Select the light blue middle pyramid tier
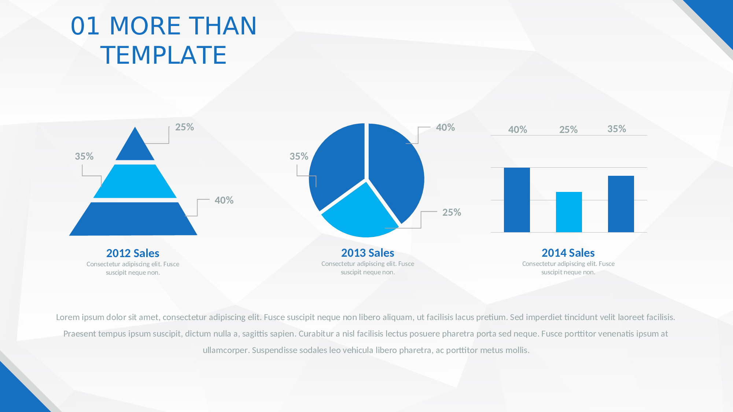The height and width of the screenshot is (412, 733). pyautogui.click(x=135, y=181)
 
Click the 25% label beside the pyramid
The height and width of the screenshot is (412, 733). pyautogui.click(x=184, y=127)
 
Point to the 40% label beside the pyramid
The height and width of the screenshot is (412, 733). pyautogui.click(x=224, y=200)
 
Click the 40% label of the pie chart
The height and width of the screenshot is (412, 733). pyautogui.click(x=445, y=127)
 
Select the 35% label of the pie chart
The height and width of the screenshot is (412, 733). pyautogui.click(x=299, y=156)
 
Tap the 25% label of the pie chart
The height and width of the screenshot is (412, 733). pyautogui.click(x=452, y=212)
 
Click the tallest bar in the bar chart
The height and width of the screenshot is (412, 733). pyautogui.click(x=517, y=200)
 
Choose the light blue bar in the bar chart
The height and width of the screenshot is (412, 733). pyautogui.click(x=569, y=212)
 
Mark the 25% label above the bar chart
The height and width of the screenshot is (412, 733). pyautogui.click(x=568, y=130)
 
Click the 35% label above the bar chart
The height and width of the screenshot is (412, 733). pyautogui.click(x=616, y=129)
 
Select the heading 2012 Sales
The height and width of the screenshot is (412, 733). pyautogui.click(x=133, y=253)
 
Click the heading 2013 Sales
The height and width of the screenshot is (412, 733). pyautogui.click(x=368, y=253)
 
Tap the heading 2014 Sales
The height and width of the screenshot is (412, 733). pyautogui.click(x=568, y=253)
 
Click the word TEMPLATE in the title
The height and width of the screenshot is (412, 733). pyautogui.click(x=163, y=55)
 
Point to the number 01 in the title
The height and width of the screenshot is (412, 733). pyautogui.click(x=85, y=26)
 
